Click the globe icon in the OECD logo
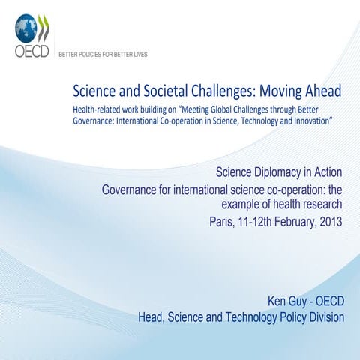tap(26, 28)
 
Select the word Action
tap(328, 172)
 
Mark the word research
tap(321, 205)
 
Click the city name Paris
tap(223, 222)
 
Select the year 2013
tap(331, 222)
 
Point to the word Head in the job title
tap(152, 317)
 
